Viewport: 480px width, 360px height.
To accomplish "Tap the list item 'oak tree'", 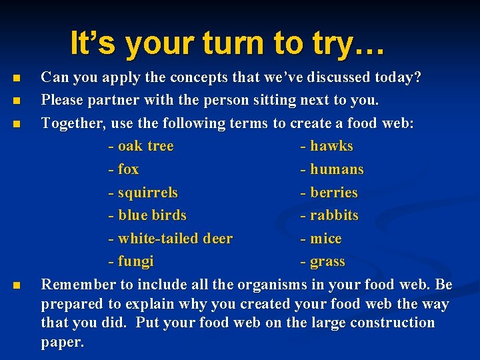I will click(x=145, y=146).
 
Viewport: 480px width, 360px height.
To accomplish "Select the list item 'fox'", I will click(x=127, y=169).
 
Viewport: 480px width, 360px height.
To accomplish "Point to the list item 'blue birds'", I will click(x=151, y=215).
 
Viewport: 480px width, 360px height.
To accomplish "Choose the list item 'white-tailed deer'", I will click(x=175, y=239).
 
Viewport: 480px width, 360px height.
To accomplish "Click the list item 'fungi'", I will click(x=135, y=261).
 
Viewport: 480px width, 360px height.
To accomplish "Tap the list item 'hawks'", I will click(x=331, y=146).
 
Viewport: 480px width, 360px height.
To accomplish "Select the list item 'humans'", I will click(x=336, y=169).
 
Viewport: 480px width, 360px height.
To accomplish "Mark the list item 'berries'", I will click(x=333, y=193).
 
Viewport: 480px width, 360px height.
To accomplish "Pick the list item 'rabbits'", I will click(x=333, y=215).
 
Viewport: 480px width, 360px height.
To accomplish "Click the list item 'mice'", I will click(x=325, y=239).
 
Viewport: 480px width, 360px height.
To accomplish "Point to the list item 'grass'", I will click(x=327, y=261).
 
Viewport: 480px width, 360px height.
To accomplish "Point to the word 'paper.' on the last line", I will click(x=63, y=343).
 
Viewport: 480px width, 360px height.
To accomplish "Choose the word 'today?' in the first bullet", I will click(x=398, y=77).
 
